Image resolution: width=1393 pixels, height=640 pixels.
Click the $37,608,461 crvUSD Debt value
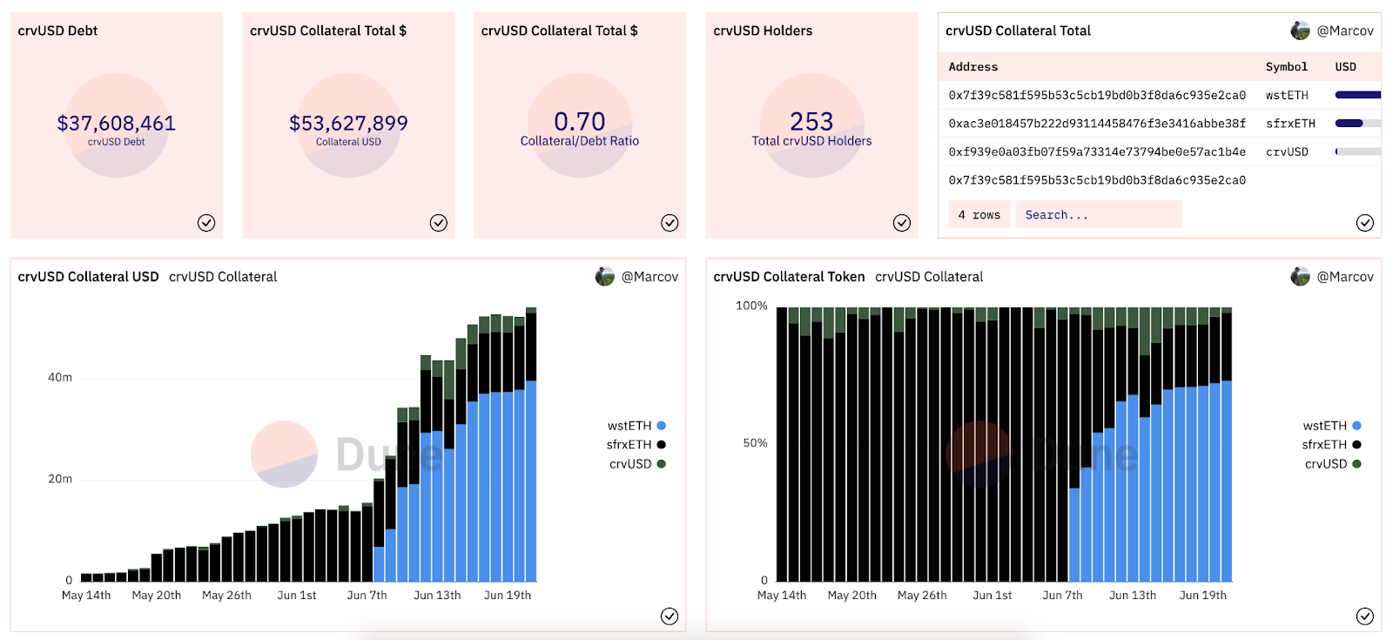click(x=116, y=124)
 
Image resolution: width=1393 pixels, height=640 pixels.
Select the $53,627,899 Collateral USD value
click(x=348, y=124)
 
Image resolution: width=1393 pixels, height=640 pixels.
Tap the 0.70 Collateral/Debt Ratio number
click(x=580, y=122)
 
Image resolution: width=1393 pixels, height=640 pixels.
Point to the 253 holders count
click(x=811, y=122)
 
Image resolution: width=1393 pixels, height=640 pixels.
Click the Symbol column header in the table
click(x=1286, y=67)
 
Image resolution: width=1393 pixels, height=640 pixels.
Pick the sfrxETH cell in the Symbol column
click(x=1290, y=124)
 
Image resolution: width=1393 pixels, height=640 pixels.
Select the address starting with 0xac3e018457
click(x=1097, y=124)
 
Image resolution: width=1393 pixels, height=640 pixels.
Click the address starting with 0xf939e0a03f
click(x=1097, y=152)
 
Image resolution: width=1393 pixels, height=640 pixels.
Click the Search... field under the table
click(x=1098, y=214)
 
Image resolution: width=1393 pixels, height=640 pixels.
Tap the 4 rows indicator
click(x=979, y=214)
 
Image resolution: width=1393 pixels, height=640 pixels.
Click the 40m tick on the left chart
click(x=60, y=377)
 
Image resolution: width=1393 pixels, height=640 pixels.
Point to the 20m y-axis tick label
click(x=60, y=479)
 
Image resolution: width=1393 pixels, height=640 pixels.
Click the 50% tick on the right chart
click(x=755, y=443)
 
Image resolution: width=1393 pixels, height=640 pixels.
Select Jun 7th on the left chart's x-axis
click(x=367, y=596)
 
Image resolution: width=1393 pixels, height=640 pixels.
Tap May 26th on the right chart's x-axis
click(x=922, y=596)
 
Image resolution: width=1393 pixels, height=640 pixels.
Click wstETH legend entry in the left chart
click(x=636, y=426)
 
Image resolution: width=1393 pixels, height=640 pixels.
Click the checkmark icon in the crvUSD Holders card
click(x=902, y=223)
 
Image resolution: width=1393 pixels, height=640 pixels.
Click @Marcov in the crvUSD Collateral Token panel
click(x=1344, y=277)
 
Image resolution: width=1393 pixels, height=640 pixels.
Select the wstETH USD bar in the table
click(x=1357, y=95)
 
